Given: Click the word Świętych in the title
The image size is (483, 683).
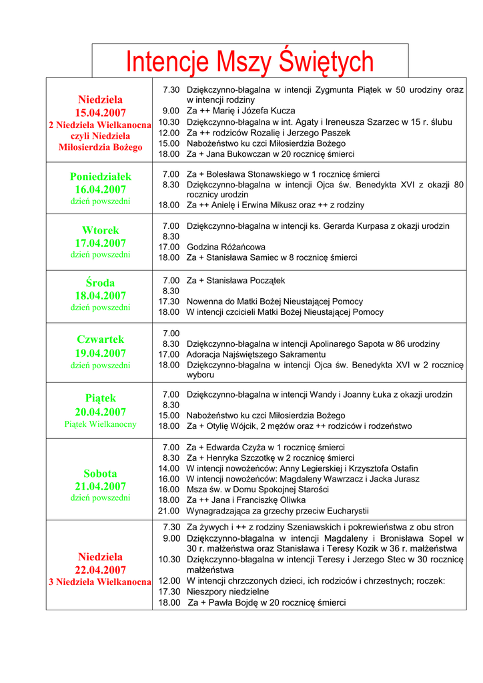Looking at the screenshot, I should point(326,63).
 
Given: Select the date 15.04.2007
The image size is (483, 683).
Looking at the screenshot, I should point(100,112).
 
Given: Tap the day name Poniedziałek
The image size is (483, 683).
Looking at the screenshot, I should point(100,177).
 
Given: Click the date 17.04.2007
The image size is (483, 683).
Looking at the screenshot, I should point(100,243).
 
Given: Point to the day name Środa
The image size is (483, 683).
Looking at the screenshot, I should point(100,283).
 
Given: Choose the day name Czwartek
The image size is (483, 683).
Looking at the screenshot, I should point(100,339).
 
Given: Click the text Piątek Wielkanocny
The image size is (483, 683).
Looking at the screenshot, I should point(100,424).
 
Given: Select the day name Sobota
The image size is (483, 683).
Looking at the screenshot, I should point(100,474).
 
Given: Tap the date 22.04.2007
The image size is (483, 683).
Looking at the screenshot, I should point(100,570).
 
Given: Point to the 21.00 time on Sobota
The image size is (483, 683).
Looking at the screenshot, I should point(169,511).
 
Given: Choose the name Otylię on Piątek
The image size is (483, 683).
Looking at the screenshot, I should point(218,426).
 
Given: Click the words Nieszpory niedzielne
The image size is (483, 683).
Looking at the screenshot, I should point(227,592).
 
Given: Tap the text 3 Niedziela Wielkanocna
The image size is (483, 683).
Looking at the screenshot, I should point(100,582).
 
